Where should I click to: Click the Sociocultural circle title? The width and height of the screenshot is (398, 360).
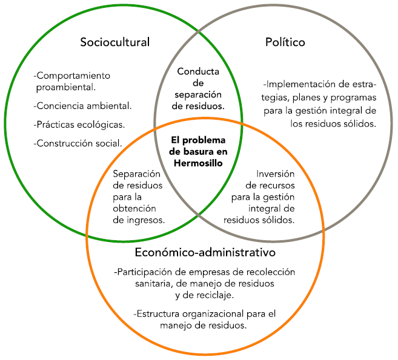(115, 42)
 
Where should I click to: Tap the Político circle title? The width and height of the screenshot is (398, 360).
(285, 42)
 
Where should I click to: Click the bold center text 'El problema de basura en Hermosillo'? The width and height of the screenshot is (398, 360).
(198, 151)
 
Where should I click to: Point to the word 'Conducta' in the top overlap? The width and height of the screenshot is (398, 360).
(198, 72)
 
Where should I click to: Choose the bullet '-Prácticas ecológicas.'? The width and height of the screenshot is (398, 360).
(80, 125)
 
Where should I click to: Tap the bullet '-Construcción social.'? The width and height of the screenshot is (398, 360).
(79, 143)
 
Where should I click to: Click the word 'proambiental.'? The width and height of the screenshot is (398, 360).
(66, 87)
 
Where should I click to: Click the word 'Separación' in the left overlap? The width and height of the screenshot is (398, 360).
(137, 174)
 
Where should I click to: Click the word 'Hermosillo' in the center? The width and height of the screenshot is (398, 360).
(198, 163)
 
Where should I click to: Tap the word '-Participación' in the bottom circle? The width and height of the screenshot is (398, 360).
(144, 272)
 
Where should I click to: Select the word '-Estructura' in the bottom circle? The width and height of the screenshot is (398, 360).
(156, 313)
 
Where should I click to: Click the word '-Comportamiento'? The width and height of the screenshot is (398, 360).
(72, 76)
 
